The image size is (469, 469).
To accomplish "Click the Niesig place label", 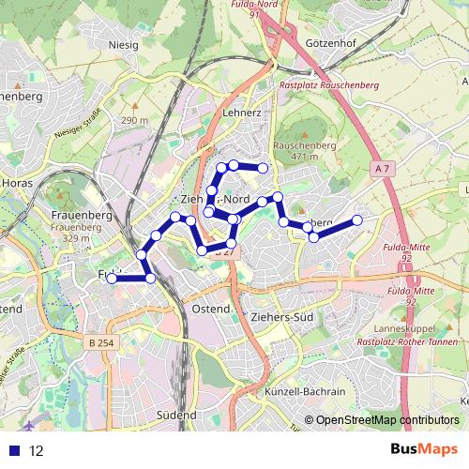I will (123, 43).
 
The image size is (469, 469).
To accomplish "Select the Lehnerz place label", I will (242, 112).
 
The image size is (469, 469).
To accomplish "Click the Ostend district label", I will (210, 309).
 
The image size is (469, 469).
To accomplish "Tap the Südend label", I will (176, 415).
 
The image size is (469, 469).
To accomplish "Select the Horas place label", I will (17, 183).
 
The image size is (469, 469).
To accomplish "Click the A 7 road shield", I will (380, 168).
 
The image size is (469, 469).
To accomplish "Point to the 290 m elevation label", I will (134, 121).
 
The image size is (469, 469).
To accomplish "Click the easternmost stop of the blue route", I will (357, 220).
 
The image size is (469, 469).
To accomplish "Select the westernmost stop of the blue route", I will (112, 278).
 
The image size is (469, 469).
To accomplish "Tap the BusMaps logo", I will (421, 450).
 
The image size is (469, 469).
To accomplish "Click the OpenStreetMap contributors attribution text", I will (386, 421).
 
